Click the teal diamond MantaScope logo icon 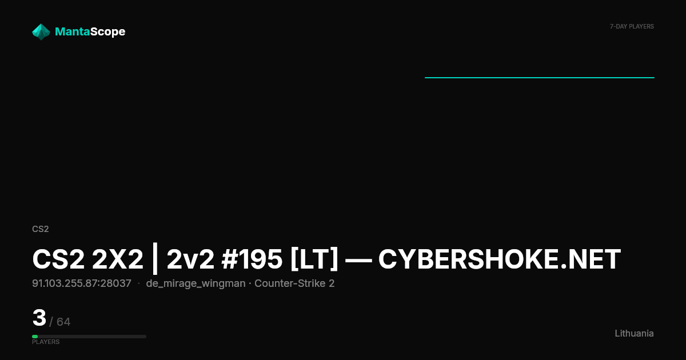[41, 32]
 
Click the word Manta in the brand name [72, 31]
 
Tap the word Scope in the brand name [108, 32]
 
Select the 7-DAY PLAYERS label [632, 27]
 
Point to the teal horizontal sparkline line [540, 78]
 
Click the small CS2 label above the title [41, 229]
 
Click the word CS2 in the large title [58, 259]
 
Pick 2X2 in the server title [118, 259]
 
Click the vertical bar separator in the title [155, 259]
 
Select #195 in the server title [252, 259]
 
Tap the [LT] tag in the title [314, 259]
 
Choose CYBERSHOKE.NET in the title [500, 259]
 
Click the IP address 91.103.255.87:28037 [82, 283]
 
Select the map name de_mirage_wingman [196, 284]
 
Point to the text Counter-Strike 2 [294, 283]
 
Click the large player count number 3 [39, 318]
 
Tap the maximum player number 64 [63, 322]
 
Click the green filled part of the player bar [35, 337]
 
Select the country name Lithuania [634, 333]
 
